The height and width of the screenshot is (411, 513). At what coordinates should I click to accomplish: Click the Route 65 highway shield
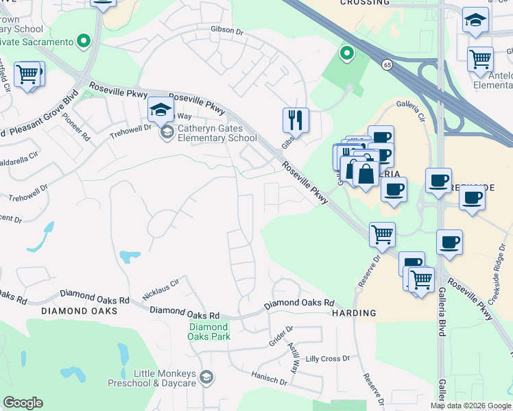[387, 64]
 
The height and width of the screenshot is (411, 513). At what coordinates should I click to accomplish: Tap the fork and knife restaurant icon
[296, 120]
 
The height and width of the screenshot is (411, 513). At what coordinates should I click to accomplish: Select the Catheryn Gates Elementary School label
[208, 132]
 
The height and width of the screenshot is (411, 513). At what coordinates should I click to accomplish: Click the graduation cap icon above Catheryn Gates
[160, 109]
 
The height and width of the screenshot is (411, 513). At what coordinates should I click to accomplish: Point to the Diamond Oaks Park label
[208, 332]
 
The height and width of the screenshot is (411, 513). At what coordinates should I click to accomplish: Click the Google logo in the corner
[23, 403]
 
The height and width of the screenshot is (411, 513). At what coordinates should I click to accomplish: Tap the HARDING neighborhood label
[354, 313]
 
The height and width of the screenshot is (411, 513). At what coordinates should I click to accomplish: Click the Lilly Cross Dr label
[328, 358]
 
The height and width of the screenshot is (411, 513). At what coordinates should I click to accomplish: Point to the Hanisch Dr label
[269, 379]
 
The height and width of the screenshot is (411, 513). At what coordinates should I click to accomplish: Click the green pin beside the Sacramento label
[84, 42]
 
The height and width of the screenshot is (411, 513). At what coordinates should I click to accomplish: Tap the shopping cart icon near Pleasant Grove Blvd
[28, 74]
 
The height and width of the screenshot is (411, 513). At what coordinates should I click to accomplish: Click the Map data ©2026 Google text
[471, 406]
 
